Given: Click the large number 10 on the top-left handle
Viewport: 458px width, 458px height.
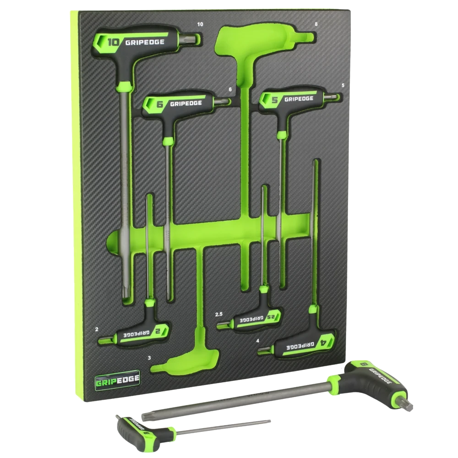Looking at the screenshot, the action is point(113,42).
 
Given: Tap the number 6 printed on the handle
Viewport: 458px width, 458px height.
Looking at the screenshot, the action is point(160,104).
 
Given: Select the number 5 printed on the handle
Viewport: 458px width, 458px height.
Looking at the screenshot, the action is point(274,99).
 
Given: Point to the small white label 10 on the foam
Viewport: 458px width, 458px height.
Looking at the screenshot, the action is point(200,24).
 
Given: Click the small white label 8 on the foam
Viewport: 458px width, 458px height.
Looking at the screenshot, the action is point(316,24).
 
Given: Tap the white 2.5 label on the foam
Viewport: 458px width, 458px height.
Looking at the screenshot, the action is point(219,314).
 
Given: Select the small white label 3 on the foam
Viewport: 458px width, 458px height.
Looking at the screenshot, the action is point(149,358).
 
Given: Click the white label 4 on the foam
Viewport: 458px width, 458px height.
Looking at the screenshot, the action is point(257,341).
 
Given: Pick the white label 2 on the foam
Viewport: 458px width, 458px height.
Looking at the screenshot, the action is point(97,329).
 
